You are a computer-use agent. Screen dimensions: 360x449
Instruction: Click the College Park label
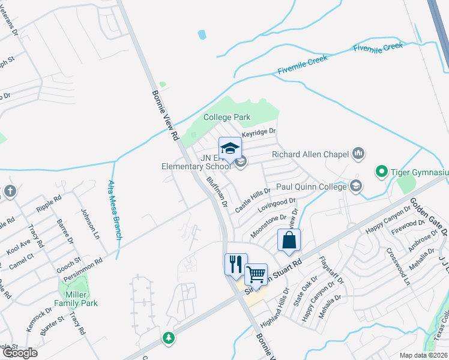226,117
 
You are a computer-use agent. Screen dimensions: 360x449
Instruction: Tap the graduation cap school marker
230,149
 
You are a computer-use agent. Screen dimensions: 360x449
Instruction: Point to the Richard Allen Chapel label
310,154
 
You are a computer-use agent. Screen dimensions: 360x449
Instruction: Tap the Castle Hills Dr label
253,199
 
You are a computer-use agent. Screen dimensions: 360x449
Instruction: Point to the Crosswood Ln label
399,266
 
